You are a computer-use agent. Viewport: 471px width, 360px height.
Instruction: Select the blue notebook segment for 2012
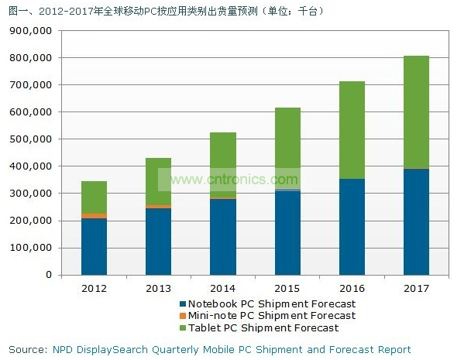point(94,246)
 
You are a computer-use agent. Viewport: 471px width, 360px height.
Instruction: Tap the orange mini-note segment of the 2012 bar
point(94,216)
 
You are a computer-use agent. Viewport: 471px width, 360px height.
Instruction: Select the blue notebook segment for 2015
point(287,232)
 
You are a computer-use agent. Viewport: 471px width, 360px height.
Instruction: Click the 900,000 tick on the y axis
point(33,31)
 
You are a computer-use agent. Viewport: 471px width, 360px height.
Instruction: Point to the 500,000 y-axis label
point(33,139)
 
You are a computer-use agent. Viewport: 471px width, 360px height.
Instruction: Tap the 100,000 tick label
point(33,248)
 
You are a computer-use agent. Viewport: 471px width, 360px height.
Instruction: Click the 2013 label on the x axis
point(158,289)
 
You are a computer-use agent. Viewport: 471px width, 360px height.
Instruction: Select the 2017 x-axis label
point(416,289)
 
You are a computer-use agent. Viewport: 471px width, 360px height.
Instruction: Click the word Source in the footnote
point(26,349)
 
